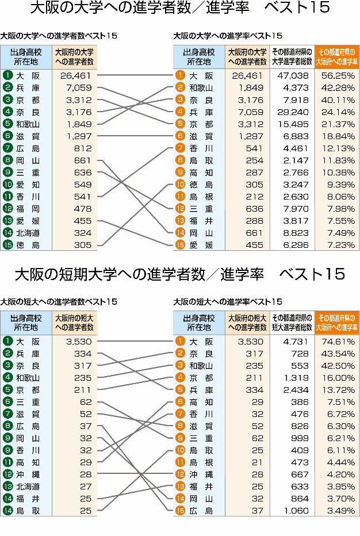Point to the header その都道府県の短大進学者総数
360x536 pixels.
coord(292,322)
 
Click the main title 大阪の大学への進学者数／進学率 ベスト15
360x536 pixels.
coord(179,8)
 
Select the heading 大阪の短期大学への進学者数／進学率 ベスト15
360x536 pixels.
coord(179,274)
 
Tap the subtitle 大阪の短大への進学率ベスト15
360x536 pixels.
coord(228,301)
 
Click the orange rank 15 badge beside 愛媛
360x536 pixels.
coord(180,245)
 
